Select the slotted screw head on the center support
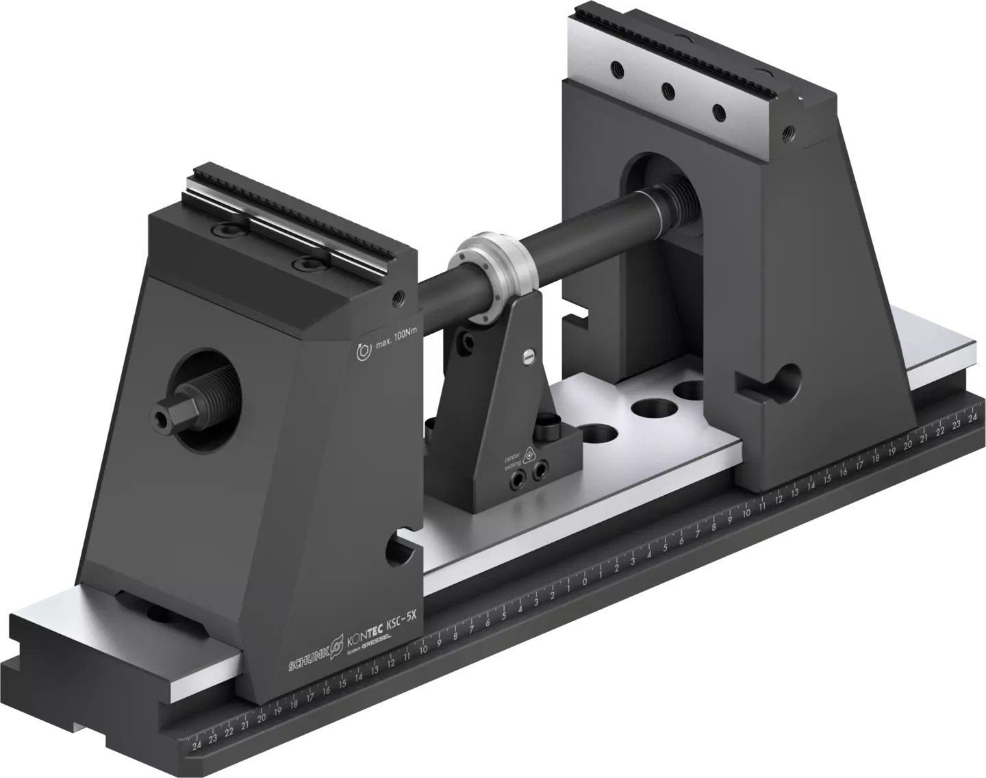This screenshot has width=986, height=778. (x=527, y=355)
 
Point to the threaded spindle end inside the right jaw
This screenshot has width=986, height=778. (x=680, y=188)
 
